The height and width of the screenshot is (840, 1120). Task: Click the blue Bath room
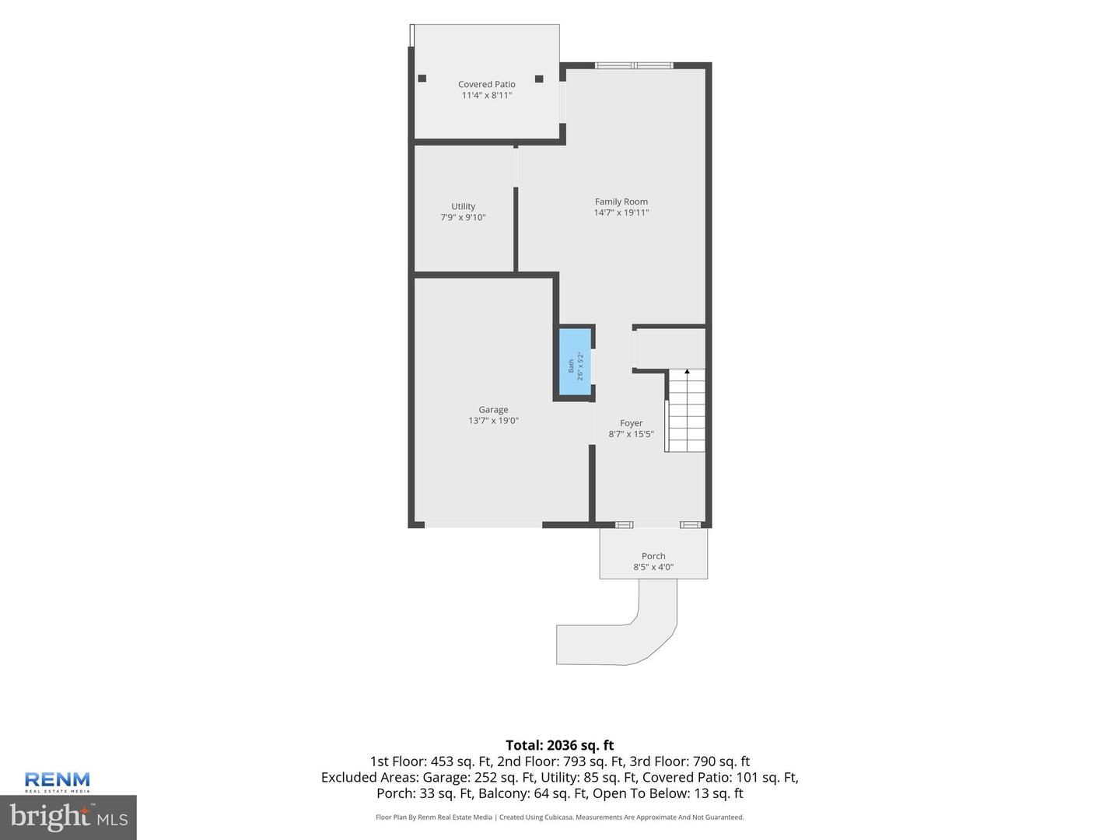[x=575, y=361]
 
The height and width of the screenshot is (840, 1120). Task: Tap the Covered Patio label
[x=486, y=84]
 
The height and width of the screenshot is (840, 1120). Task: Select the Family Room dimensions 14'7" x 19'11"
[x=621, y=212]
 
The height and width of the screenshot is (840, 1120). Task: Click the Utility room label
[x=463, y=206]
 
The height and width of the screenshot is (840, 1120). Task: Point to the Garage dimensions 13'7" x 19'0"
[x=493, y=421]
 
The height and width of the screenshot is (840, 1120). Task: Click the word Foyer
[x=631, y=423]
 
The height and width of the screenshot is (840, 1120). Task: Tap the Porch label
[x=653, y=556]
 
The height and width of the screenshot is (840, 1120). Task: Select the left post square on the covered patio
[x=422, y=78]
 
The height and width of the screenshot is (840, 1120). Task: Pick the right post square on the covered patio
[x=539, y=79]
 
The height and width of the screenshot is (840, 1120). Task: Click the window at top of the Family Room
[x=634, y=65]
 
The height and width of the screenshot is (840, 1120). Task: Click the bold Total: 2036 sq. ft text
[x=560, y=745]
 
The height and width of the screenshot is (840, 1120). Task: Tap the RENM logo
[x=57, y=782]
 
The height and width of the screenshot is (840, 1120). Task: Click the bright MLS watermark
[x=68, y=817]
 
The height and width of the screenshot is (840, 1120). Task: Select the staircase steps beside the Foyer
[x=686, y=411]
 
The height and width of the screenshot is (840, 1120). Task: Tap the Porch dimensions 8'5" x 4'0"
[x=653, y=567]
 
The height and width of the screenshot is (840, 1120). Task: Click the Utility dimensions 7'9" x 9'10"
[x=463, y=217]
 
